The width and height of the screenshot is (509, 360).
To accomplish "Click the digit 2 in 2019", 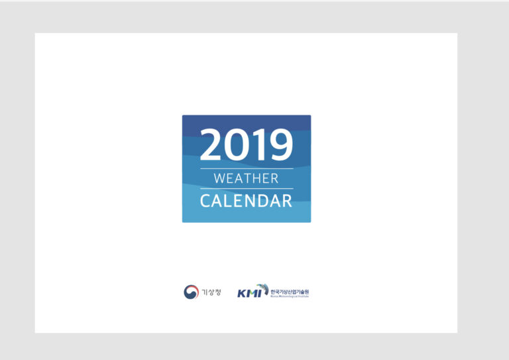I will pos(212,145).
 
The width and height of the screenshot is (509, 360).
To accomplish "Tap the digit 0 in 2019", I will pos(237,145).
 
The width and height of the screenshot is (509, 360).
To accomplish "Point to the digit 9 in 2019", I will pos(279,145).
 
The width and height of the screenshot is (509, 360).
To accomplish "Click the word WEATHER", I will pos(247,178).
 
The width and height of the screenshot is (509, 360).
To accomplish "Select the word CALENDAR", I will pos(247,200).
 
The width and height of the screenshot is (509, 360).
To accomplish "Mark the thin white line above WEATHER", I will pos(247,168).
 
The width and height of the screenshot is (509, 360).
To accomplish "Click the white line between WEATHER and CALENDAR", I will pos(247,188).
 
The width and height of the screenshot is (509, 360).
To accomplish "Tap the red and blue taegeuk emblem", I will pos(191,292).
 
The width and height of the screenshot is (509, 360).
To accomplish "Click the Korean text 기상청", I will pos(211,292).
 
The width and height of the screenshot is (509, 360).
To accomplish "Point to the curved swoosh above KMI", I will pos(263,287).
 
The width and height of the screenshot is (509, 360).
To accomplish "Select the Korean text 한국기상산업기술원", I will pos(290,291).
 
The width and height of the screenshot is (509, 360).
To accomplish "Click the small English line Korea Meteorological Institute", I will pos(290,296).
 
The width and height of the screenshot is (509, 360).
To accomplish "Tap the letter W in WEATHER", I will pos(221,178).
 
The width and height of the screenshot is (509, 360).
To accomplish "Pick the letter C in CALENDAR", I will pos(206,200).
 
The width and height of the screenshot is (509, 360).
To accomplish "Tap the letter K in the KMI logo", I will pos(242,293).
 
